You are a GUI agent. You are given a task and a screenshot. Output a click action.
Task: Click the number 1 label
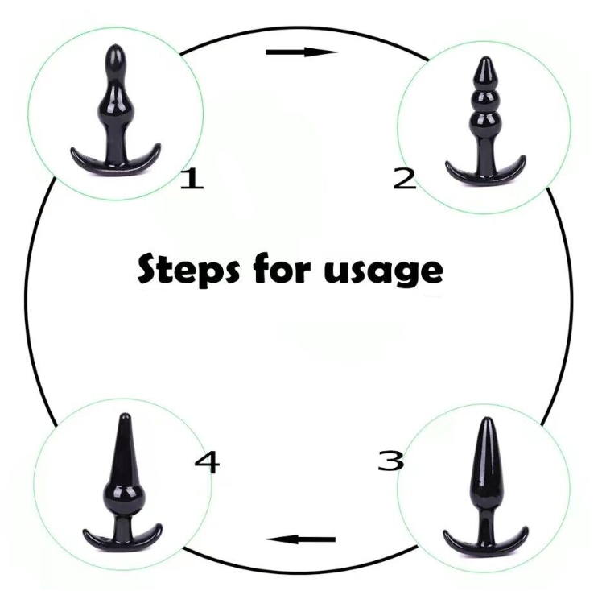pyautogui.click(x=192, y=178)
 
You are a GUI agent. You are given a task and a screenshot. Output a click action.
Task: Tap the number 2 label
pyautogui.click(x=405, y=178)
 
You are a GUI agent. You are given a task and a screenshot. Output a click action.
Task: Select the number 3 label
pyautogui.click(x=391, y=461)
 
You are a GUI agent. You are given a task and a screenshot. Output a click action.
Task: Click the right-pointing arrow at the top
pyautogui.click(x=302, y=52)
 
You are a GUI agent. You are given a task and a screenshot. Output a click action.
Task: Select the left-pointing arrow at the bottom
pyautogui.click(x=301, y=539)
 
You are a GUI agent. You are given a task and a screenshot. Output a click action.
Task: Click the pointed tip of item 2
pyautogui.click(x=485, y=58)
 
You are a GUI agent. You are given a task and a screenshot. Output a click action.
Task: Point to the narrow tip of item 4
pyautogui.click(x=125, y=415)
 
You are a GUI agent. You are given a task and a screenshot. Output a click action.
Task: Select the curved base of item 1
pyautogui.click(x=115, y=161)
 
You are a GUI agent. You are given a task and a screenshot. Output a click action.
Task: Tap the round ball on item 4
pyautogui.click(x=123, y=497)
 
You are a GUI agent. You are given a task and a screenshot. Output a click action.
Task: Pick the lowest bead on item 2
pyautogui.click(x=485, y=124)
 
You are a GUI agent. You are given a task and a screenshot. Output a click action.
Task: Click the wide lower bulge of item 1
pyautogui.click(x=114, y=105)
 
